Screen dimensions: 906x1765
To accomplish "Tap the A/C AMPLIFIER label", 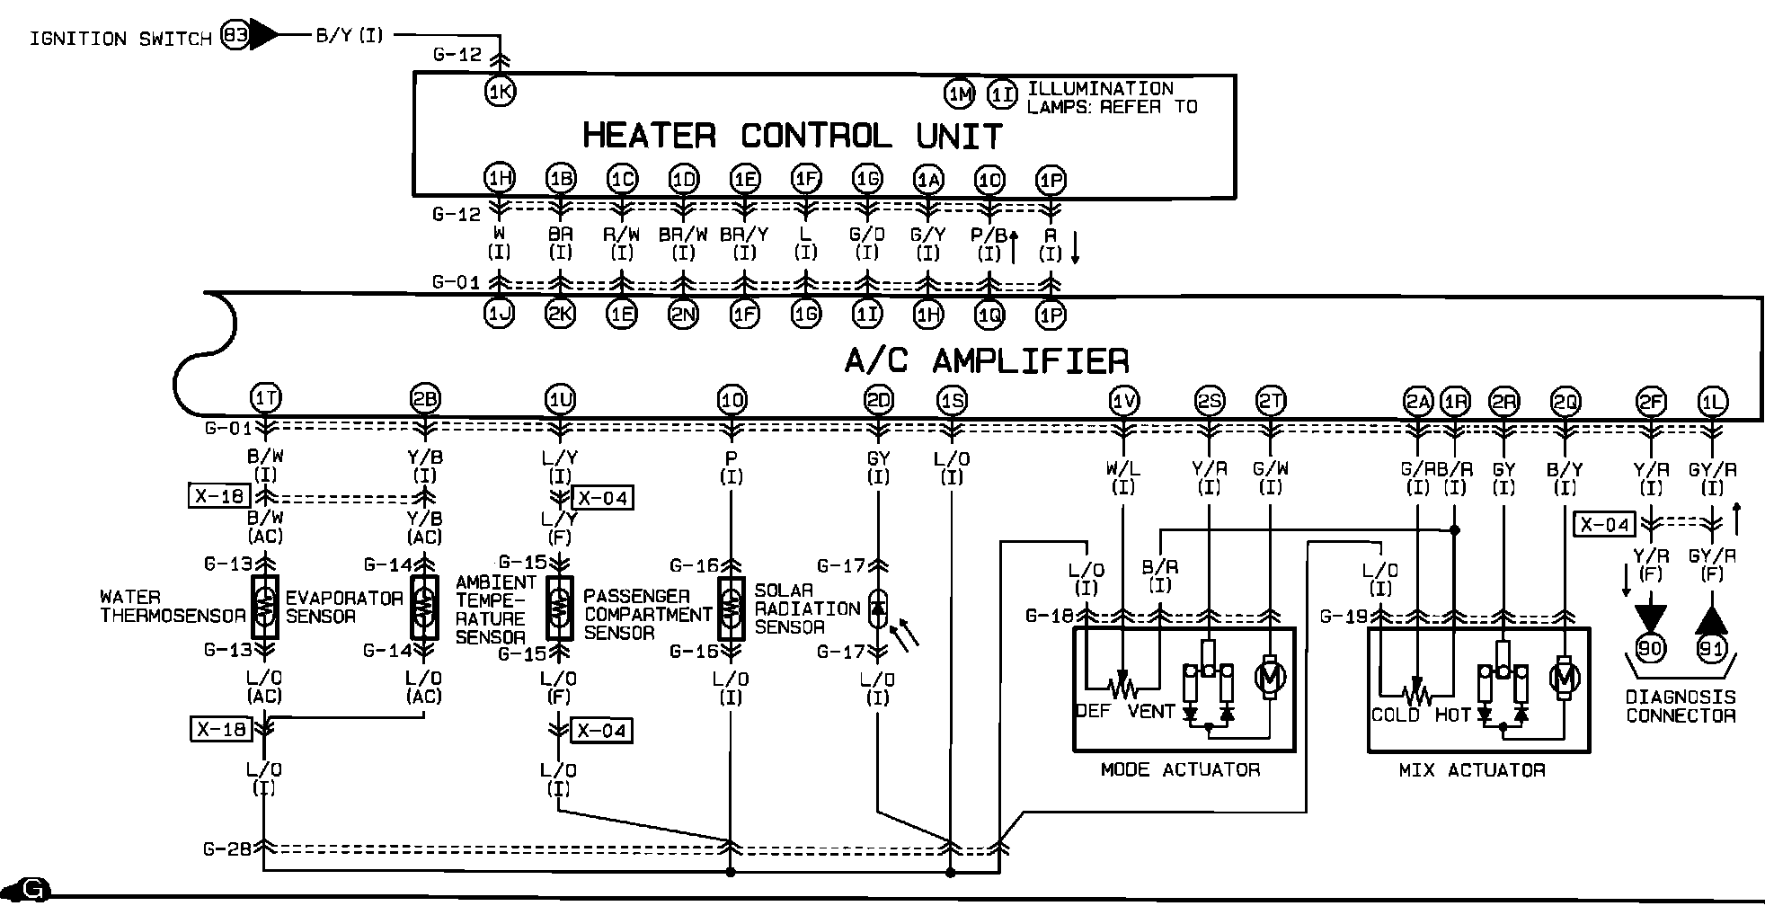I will [986, 360].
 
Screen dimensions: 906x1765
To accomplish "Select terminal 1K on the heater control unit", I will [500, 91].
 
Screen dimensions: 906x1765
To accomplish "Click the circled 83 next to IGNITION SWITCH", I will [235, 36].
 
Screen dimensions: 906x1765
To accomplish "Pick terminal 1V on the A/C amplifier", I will [1123, 401].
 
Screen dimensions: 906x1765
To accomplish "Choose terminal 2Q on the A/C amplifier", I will [1565, 402].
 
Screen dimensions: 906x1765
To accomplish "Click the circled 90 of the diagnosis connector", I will [1650, 648].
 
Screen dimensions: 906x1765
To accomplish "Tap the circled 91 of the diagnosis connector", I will [1712, 648].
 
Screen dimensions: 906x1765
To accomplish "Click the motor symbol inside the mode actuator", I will [1269, 677].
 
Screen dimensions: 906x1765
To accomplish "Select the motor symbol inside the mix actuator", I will [1565, 679].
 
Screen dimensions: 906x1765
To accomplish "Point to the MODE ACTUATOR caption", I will [1180, 770].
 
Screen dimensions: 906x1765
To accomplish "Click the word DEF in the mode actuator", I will [1094, 712].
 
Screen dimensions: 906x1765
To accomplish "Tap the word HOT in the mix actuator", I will [1452, 715].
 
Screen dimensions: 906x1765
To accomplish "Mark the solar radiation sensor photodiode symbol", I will [878, 608].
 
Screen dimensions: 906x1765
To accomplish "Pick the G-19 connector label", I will [1344, 617].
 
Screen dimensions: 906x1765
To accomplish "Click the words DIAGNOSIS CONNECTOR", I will [1680, 706].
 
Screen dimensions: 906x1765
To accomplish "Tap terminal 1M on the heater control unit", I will [960, 93].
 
